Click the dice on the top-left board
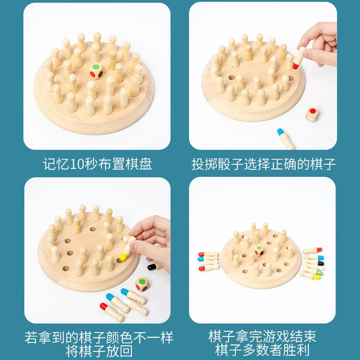click(x=97, y=71)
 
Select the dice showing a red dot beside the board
click(x=312, y=114)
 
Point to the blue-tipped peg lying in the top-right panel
click(x=286, y=139)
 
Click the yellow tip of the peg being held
click(x=124, y=256)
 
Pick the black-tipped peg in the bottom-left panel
click(x=154, y=266)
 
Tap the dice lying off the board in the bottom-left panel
click(x=142, y=284)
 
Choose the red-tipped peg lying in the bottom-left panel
click(x=112, y=312)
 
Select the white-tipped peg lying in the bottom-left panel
click(x=136, y=307)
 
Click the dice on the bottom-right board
click(x=259, y=251)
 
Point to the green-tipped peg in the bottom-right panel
click(x=311, y=273)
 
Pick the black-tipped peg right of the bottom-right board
click(x=313, y=263)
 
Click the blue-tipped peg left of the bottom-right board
click(x=208, y=259)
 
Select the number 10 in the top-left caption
click(x=77, y=164)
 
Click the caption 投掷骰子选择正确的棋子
click(x=263, y=164)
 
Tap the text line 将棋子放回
click(x=99, y=351)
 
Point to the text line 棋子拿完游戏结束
click(x=262, y=337)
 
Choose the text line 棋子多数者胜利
click(x=262, y=350)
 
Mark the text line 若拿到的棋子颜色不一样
click(x=99, y=337)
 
